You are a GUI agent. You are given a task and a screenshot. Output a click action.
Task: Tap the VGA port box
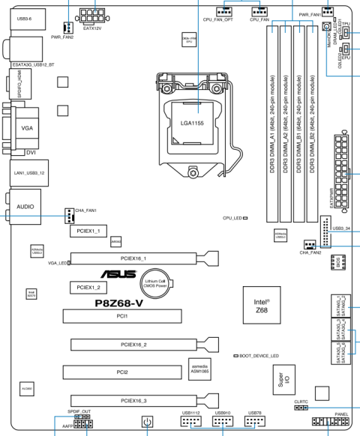(x=27, y=128)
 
